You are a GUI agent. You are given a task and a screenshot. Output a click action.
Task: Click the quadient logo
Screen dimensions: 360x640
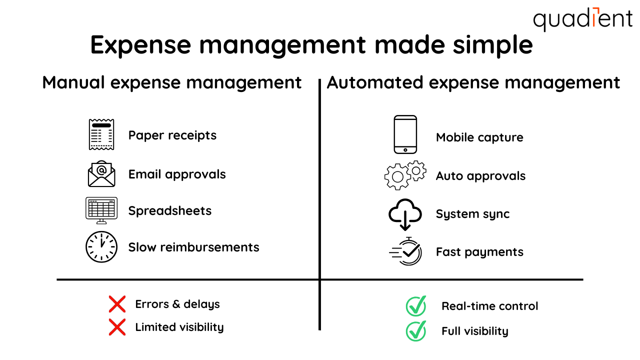(582, 19)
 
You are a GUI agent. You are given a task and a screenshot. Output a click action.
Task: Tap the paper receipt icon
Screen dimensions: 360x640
(101, 134)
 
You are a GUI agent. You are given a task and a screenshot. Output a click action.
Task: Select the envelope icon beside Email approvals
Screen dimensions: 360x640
(101, 173)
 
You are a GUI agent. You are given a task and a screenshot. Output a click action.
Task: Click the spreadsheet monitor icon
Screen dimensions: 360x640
(101, 210)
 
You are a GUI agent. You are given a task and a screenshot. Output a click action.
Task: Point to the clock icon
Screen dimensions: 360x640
(101, 246)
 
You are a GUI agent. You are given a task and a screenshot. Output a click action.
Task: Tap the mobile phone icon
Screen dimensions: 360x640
(405, 134)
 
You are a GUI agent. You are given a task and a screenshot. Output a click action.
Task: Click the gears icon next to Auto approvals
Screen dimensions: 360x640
(405, 175)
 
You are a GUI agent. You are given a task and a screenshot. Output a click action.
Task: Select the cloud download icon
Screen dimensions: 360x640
(405, 214)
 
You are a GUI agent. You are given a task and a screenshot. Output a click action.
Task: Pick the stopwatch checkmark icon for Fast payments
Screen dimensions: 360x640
(406, 251)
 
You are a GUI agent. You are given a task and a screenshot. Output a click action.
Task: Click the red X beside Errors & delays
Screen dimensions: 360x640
(117, 304)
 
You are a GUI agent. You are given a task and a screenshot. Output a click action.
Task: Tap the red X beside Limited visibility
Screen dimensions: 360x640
(117, 327)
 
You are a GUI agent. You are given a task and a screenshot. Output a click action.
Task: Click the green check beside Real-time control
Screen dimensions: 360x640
(416, 306)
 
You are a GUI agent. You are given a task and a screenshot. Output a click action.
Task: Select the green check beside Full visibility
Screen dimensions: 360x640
(416, 330)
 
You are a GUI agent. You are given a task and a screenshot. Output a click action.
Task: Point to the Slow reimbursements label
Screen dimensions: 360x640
(193, 247)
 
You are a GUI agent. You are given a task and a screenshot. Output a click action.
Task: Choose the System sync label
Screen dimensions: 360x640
(472, 214)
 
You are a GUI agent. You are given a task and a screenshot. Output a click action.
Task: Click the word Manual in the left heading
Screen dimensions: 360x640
(73, 82)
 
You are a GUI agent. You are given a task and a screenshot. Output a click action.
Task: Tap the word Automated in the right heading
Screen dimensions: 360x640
(375, 82)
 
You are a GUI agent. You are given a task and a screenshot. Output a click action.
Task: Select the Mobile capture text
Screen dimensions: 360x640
(479, 137)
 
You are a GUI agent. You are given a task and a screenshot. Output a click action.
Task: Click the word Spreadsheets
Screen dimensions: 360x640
(170, 210)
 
